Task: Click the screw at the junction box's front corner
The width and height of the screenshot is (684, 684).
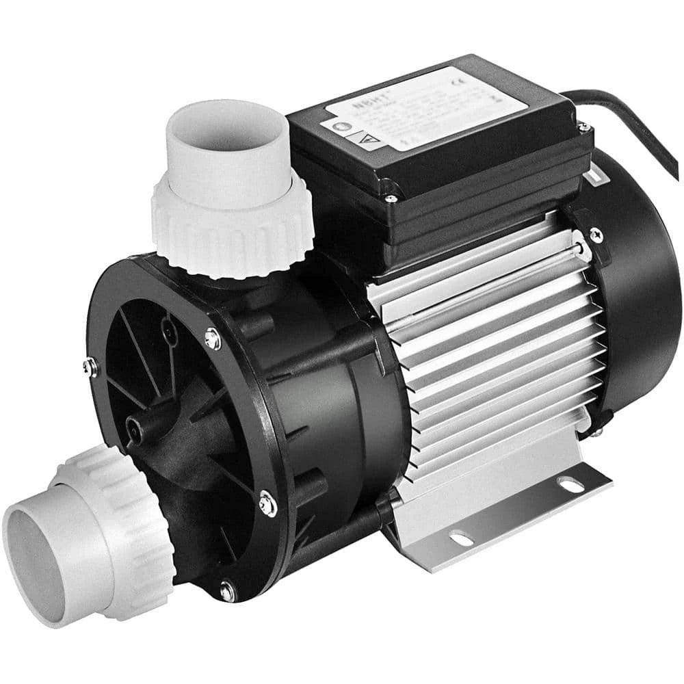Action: click(391, 199)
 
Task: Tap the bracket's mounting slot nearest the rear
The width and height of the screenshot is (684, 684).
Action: click(570, 484)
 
